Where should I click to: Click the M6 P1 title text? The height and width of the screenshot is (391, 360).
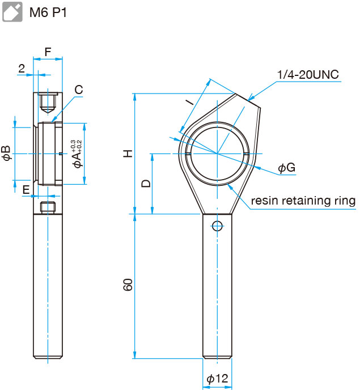pos(48,12)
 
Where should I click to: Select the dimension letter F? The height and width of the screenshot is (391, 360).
pos(48,52)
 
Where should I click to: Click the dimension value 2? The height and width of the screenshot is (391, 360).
pos(22,69)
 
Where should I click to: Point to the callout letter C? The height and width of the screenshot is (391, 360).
pos(79,90)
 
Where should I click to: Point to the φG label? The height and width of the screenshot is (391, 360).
pos(286,168)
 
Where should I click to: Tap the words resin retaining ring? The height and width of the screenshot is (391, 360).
pos(303,201)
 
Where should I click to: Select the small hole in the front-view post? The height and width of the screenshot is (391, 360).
pos(217,226)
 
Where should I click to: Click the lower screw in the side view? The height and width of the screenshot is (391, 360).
pos(48,207)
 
